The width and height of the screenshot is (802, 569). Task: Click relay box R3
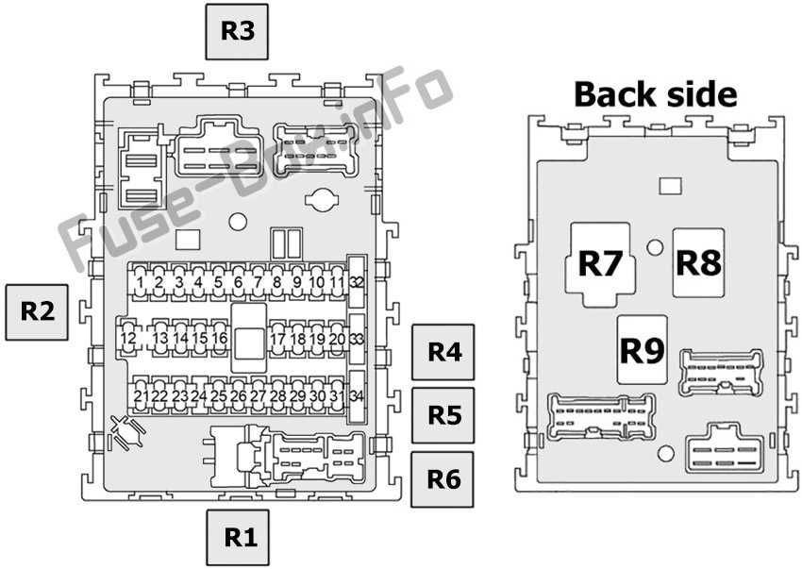click(238, 31)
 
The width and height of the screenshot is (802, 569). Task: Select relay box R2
click(38, 310)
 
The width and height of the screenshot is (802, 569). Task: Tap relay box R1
click(240, 538)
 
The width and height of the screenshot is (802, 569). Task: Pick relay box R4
click(443, 352)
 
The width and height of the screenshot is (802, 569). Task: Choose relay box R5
click(443, 415)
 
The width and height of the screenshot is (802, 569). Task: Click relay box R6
click(443, 478)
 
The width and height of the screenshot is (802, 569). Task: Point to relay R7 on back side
click(602, 263)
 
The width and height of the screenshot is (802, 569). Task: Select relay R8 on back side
click(699, 261)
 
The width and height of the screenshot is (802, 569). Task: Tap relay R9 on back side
click(642, 350)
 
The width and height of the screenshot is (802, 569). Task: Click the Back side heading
click(655, 94)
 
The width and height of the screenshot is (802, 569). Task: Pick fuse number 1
click(140, 281)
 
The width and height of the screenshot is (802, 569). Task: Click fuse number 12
click(128, 338)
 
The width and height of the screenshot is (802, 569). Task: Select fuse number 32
click(357, 282)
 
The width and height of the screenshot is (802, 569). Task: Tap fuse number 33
click(357, 338)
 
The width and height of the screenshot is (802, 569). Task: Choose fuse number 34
click(357, 394)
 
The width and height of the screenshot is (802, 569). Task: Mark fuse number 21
click(141, 395)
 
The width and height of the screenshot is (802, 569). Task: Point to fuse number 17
click(277, 338)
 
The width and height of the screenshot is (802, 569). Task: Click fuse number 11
click(337, 281)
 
